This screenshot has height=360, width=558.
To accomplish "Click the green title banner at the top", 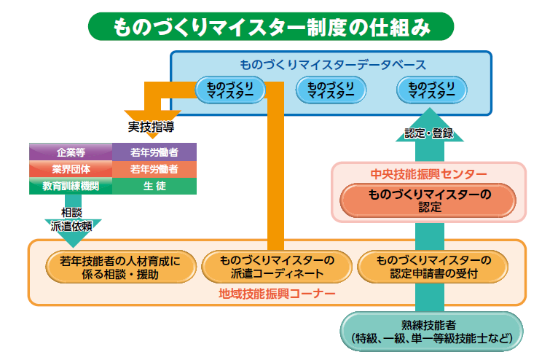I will [x=271, y=27].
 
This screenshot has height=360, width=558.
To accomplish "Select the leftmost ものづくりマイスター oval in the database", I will [x=229, y=90].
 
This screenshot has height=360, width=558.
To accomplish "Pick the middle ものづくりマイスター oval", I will [x=330, y=90].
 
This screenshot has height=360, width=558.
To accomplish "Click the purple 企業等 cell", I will [x=70, y=152].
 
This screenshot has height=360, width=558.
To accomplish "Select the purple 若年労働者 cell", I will [x=154, y=152].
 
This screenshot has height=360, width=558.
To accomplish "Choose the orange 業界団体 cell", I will [x=70, y=169].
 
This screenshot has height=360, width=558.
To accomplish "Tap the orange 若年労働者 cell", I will [x=154, y=169].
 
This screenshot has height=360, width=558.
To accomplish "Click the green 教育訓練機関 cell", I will [x=70, y=186].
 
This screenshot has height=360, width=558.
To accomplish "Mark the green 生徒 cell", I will [x=154, y=186].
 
